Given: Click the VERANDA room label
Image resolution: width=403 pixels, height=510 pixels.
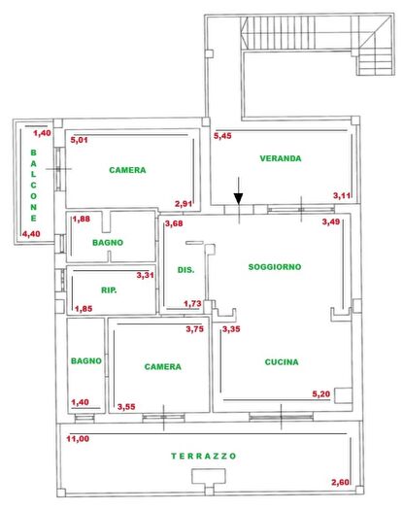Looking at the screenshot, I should point(281,158).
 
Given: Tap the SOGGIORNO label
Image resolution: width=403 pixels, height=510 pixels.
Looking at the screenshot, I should point(275,266).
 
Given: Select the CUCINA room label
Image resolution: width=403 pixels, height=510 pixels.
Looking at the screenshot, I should point(281,362).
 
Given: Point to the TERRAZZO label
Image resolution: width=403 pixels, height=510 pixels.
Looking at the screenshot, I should point(204,456).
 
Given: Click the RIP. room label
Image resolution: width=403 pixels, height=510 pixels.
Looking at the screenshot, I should point(110,289).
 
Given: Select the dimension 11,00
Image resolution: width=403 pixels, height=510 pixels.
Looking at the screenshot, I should point(78,439).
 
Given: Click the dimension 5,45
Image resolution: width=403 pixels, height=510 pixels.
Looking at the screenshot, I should point(223,136).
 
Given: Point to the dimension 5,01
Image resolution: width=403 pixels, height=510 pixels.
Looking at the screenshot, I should point(79,140).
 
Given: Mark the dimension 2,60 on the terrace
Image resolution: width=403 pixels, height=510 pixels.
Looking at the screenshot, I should point(340,483).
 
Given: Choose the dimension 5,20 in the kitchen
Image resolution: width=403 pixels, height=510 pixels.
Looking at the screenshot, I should point(320,393).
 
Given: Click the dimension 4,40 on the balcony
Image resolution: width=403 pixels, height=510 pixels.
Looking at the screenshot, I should point(31,234).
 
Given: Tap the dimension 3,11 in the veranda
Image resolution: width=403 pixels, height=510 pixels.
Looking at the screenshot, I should point(342,196).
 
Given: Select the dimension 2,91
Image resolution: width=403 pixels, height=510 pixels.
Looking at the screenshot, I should point(184,203).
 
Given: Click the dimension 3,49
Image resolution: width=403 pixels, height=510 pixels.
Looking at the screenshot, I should point(331,223).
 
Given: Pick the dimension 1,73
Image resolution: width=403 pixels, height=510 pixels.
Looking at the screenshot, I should point(192,304).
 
